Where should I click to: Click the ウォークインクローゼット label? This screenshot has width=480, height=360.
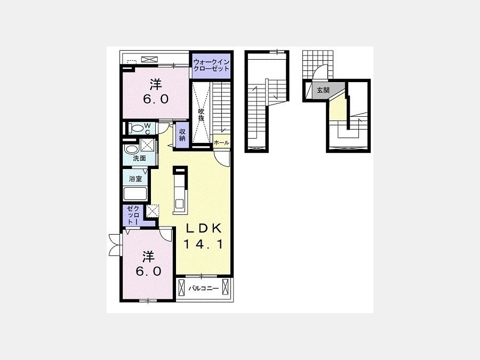pyautogui.click(x=211, y=65)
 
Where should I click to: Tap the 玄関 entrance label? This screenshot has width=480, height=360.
pyautogui.click(x=323, y=90)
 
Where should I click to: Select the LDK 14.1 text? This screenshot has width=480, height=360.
pyautogui.click(x=203, y=236)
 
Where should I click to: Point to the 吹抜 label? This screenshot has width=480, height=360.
pyautogui.click(x=201, y=115)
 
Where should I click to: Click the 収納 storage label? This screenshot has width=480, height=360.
pyautogui.click(x=182, y=135)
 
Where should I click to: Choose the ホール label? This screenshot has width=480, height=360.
pyautogui.click(x=221, y=142)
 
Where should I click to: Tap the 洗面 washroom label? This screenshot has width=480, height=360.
pyautogui.click(x=139, y=158)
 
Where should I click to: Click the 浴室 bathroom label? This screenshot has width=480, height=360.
pyautogui.click(x=135, y=179)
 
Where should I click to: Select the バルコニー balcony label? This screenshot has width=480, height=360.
pyautogui.click(x=203, y=289)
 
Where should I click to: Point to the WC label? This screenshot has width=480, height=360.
pyautogui.click(x=148, y=129)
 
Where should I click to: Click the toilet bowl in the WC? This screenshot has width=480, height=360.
pyautogui.click(x=136, y=128)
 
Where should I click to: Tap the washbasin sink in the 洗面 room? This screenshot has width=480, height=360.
pyautogui.click(x=132, y=150)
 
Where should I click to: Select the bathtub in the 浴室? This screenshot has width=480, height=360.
pyautogui.click(x=135, y=194)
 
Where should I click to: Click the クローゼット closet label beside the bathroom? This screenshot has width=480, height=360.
pyautogui.click(x=133, y=215)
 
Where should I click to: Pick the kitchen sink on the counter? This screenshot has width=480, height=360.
pyautogui.click(x=179, y=203)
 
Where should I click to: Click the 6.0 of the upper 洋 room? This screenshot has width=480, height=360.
pyautogui.click(x=156, y=99)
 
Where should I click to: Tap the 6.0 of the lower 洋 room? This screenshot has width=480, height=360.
pyautogui.click(x=148, y=271)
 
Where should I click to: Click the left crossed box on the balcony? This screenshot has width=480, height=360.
pyautogui.click(x=181, y=289)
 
